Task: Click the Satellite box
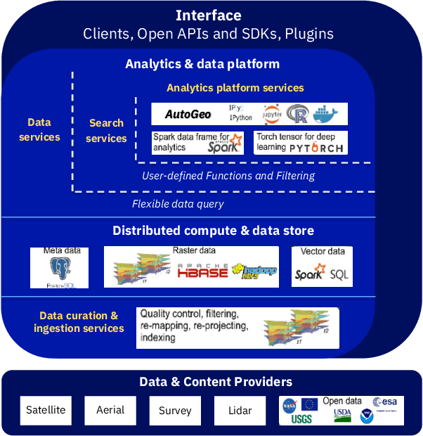coord(46,410)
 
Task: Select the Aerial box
coord(110,410)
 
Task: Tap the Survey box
coord(175,410)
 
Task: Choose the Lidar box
coord(240,410)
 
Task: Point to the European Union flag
coord(309,404)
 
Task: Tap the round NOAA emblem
coord(367,416)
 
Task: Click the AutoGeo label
coord(188,114)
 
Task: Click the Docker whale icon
coord(329,114)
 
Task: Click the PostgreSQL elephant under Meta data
coord(61,269)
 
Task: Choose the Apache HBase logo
coord(203,271)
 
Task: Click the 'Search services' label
coord(107,131)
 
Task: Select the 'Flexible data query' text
coord(178,204)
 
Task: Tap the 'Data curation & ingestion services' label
coord(79,322)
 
